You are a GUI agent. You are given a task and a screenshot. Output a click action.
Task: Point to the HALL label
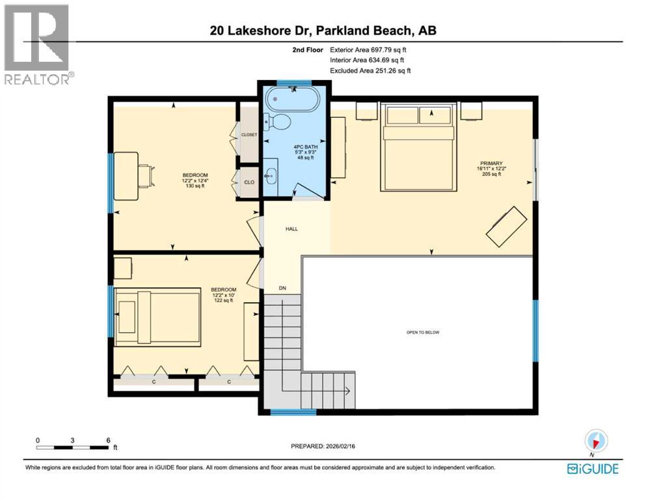click(291, 229)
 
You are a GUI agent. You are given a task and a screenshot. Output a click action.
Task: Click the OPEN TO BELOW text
click(423, 332)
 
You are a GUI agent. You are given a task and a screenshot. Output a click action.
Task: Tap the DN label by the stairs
click(282, 288)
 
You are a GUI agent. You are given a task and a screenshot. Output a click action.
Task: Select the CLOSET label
click(249, 135)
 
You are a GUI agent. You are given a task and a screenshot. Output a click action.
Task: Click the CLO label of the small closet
click(249, 182)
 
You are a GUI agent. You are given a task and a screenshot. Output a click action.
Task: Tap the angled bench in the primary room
click(507, 226)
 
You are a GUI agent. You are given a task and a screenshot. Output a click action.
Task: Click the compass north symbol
click(596, 441)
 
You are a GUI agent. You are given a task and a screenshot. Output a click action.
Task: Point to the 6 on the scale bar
click(108, 439)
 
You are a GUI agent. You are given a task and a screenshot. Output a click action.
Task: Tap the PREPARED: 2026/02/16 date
click(323, 447)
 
